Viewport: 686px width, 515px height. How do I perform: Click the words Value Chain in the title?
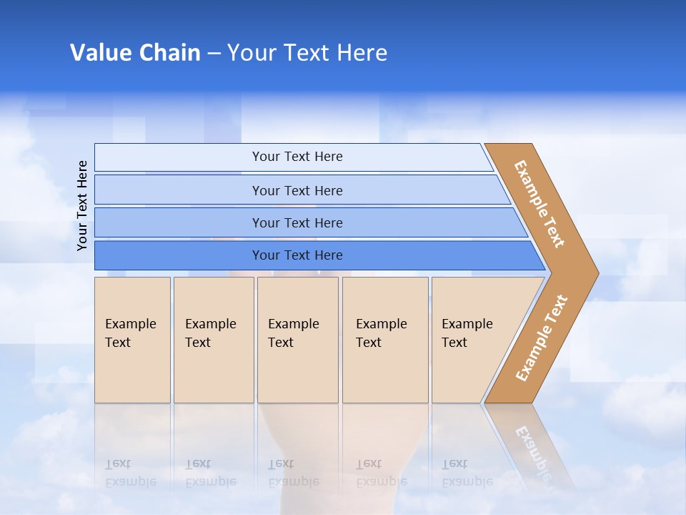coord(135,53)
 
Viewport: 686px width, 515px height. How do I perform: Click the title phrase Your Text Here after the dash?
coord(307,53)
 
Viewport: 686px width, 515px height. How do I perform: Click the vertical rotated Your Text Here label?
coord(82,205)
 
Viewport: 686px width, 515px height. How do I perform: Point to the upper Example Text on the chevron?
coord(540,203)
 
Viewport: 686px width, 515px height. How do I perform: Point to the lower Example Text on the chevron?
coord(542,338)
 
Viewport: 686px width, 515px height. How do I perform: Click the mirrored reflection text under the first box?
coord(130,473)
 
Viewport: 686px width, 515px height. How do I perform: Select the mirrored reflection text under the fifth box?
coord(467,473)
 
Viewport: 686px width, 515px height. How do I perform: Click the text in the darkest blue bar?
coord(297,255)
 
